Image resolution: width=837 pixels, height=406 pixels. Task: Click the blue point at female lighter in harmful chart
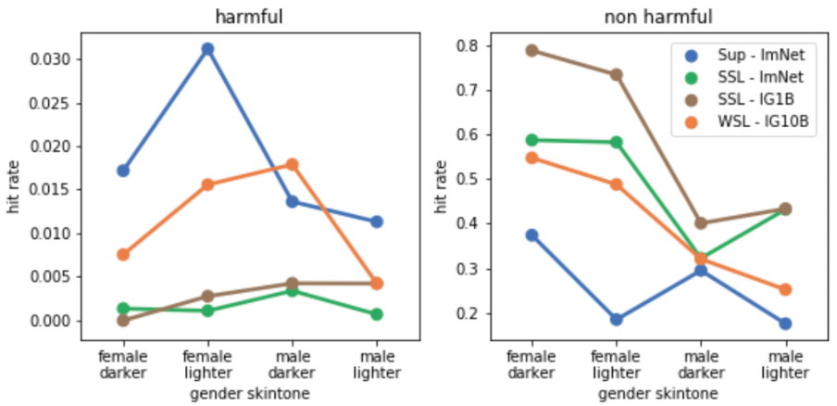(x=207, y=48)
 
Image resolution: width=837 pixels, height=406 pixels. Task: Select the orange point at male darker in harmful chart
(x=293, y=164)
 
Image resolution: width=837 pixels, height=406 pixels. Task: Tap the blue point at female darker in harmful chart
(x=123, y=171)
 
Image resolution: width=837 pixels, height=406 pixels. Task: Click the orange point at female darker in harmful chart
(x=123, y=254)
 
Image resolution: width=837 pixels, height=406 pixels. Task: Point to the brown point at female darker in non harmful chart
(x=532, y=50)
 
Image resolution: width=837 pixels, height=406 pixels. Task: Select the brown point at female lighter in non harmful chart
(x=617, y=74)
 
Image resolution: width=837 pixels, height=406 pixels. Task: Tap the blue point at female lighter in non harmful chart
(x=617, y=319)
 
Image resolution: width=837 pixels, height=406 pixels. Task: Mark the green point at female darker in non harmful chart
(x=532, y=140)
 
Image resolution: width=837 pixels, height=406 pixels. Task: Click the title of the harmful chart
(x=250, y=17)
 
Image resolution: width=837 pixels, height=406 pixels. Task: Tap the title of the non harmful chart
(x=658, y=17)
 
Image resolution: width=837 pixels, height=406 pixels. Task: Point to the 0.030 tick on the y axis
(x=53, y=59)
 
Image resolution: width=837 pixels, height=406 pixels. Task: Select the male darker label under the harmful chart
(x=293, y=365)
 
